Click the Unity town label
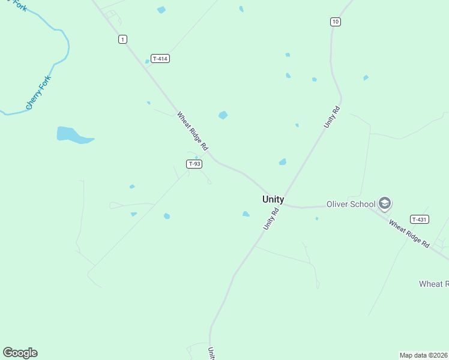pos(273,200)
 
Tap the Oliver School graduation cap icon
pos(385,204)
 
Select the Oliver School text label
pos(351,204)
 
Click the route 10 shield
pos(336,22)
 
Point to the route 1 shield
pos(122,40)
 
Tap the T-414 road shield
pos(159,59)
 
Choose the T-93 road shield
pos(194,164)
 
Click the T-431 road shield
pos(419,220)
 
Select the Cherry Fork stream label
pos(39,92)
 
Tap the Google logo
pos(20,353)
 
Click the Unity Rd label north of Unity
pos(332,117)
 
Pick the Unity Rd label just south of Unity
pos(271,219)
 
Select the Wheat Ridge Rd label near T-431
pos(409,234)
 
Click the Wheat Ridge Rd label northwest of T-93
pos(192,130)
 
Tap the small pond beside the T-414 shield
pos(147,61)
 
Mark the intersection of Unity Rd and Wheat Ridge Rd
pos(282,203)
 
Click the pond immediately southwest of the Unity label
pos(246,214)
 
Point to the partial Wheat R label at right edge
pos(433,284)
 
